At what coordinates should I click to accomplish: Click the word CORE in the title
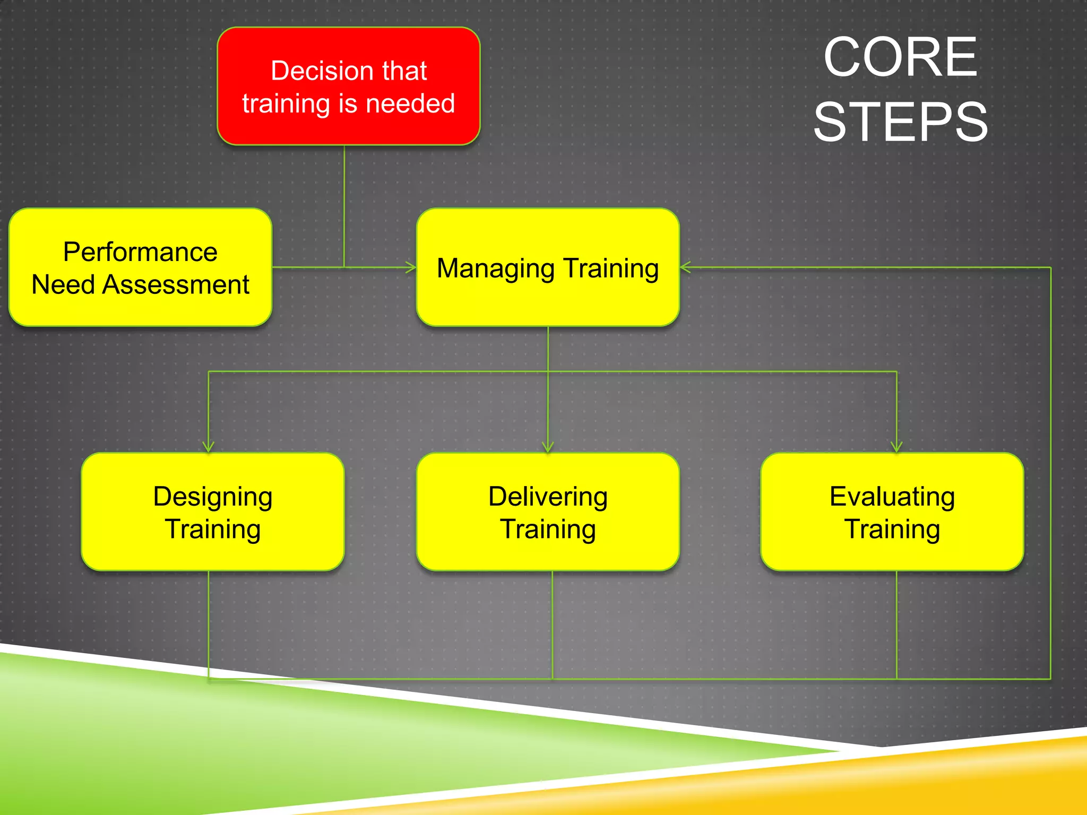click(900, 57)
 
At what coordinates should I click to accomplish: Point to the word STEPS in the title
click(901, 123)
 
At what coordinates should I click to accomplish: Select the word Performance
click(140, 252)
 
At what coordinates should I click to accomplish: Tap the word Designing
click(212, 497)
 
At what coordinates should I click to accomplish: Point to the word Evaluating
click(892, 497)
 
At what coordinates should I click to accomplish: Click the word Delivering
click(548, 497)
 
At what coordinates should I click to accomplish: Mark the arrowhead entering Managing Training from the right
click(685, 267)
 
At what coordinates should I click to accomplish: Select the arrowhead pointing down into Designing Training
click(209, 447)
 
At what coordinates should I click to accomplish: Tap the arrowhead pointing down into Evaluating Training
click(896, 447)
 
